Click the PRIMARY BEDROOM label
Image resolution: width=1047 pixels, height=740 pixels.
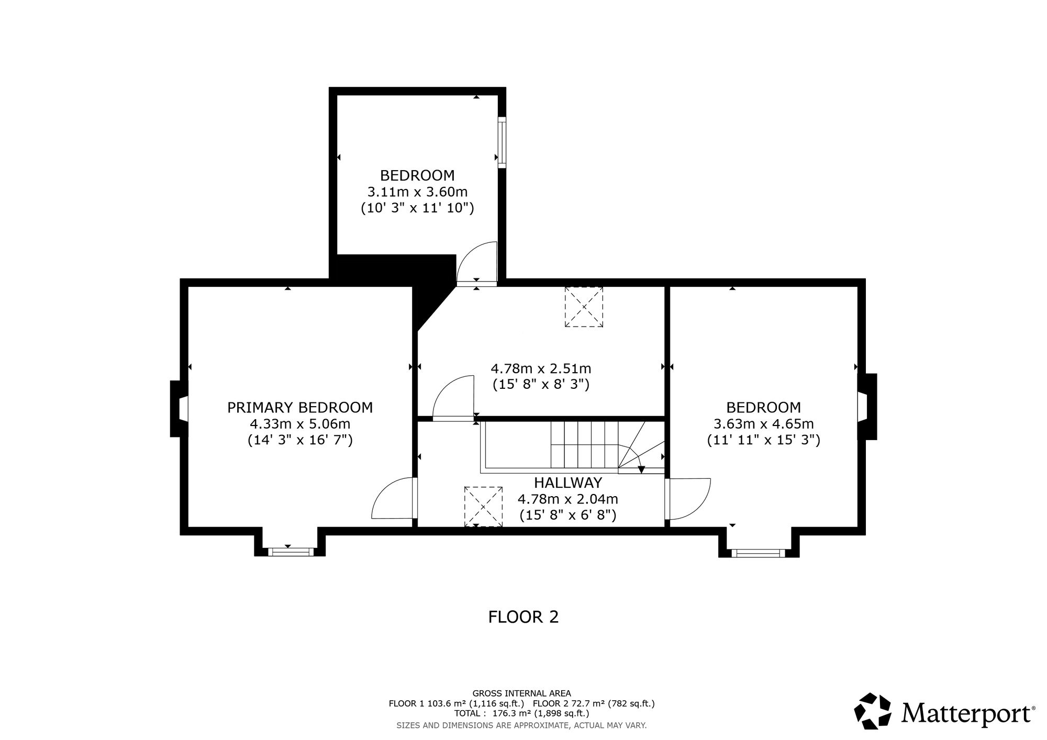300,407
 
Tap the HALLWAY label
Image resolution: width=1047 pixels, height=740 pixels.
568,483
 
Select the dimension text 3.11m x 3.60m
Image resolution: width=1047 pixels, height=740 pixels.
417,192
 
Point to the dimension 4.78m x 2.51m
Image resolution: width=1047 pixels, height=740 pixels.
541,368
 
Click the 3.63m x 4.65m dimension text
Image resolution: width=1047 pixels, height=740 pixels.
764,424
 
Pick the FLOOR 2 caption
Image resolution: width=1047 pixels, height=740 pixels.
523,617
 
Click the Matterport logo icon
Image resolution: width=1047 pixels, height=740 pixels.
873,711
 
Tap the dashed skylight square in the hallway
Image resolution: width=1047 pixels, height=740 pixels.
484,506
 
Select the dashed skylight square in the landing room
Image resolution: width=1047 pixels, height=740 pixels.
584,307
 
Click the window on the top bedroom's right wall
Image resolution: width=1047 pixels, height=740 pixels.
502,142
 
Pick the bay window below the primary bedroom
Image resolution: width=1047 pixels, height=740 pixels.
290,551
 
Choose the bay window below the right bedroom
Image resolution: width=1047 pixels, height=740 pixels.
759,553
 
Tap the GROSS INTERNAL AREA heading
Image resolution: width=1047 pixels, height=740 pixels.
521,693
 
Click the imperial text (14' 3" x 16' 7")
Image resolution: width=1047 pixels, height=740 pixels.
300,440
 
